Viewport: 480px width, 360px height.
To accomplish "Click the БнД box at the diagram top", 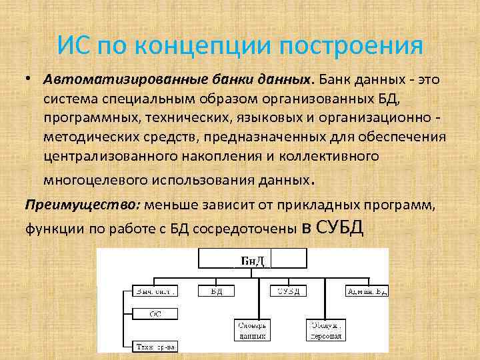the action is coord(253,259).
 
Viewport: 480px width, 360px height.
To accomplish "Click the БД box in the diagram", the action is coord(217,291).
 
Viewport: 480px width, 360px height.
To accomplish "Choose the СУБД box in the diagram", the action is coord(289,291).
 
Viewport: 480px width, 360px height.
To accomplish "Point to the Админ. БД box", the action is coord(365,291).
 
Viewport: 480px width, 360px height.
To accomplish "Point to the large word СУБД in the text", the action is coord(340,227).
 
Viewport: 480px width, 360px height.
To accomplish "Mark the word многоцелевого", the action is coord(91,179).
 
